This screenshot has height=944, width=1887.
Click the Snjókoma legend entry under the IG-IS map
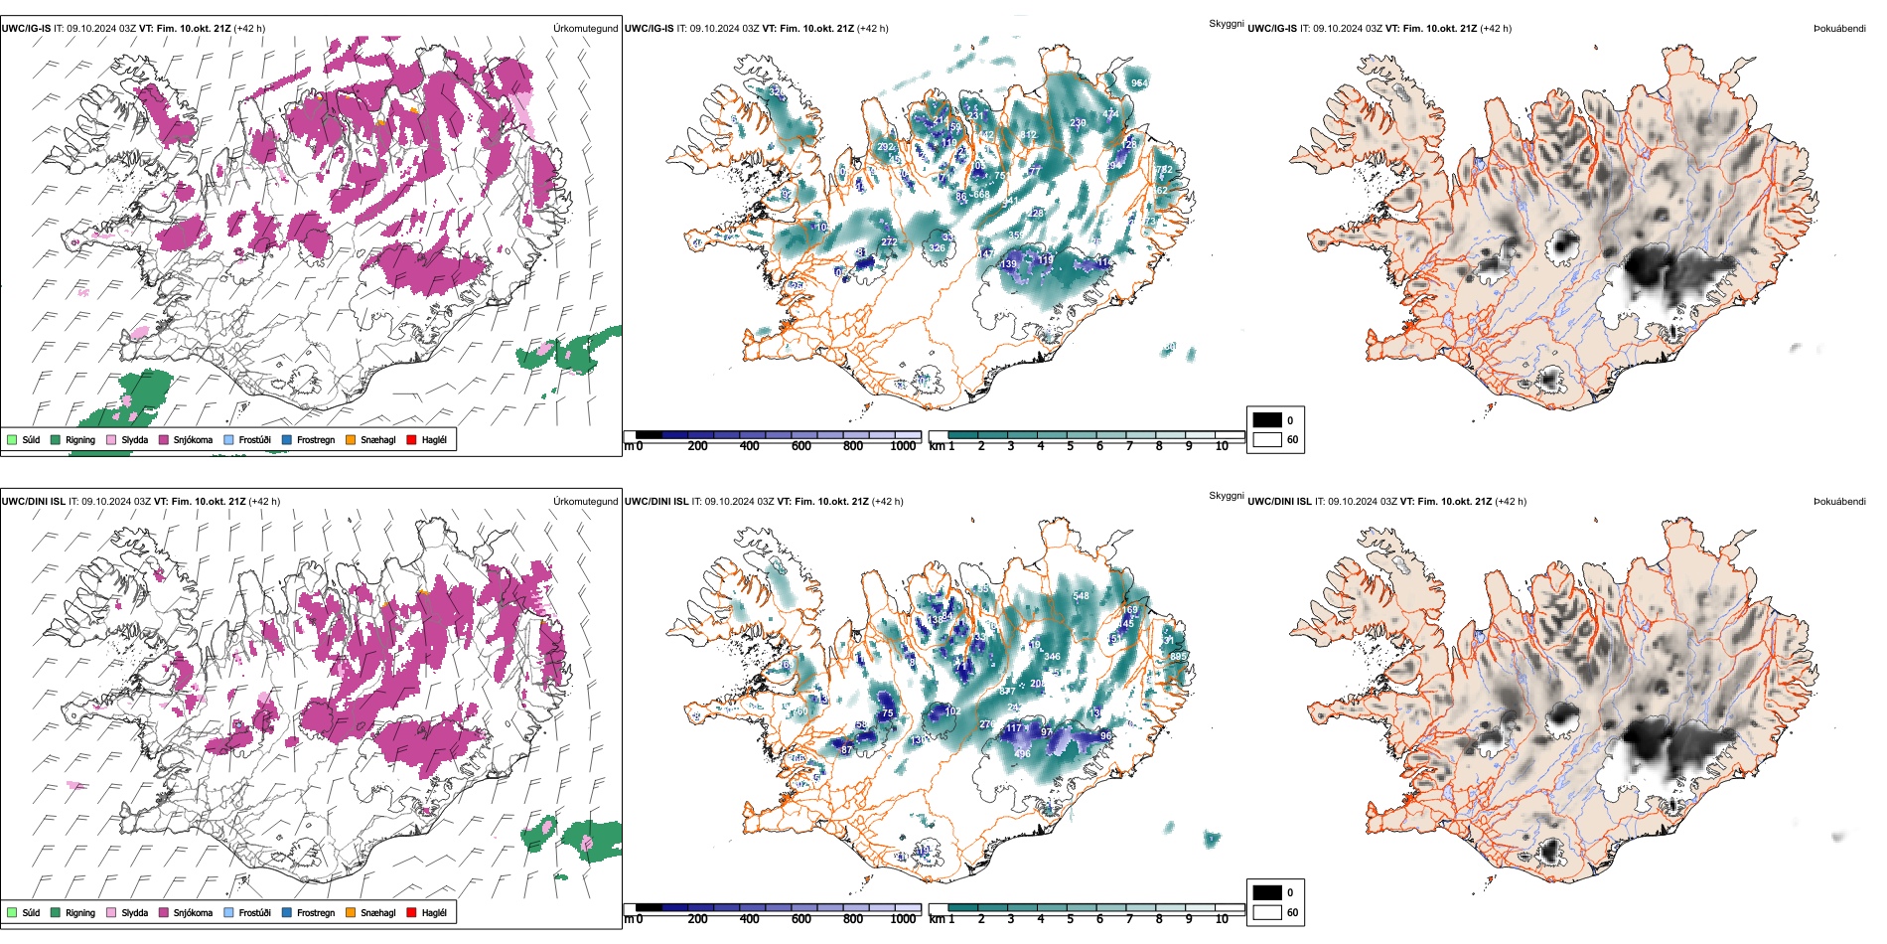tap(193, 439)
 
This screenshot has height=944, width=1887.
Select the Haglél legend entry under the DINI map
tap(434, 912)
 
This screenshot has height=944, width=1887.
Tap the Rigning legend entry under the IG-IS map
tap(79, 439)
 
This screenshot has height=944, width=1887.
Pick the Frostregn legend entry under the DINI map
tap(315, 912)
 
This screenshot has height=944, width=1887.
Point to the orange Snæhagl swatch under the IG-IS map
tap(351, 439)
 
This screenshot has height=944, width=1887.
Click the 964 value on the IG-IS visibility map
tap(1139, 83)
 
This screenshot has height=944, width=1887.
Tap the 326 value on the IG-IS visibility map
tap(937, 248)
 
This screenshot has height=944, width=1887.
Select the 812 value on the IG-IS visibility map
tap(1027, 135)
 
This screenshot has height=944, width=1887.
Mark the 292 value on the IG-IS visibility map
tap(885, 147)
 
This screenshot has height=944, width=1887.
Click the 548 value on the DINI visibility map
tap(1081, 596)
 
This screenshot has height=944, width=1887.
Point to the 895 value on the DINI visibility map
tap(1178, 657)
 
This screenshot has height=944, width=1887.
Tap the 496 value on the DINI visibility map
tap(1022, 754)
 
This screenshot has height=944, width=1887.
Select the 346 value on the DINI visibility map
tap(1052, 657)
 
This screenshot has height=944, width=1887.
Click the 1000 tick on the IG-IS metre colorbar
tap(903, 446)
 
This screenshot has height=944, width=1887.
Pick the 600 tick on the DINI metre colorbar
tap(800, 919)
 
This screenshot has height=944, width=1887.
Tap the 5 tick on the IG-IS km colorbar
tap(1070, 446)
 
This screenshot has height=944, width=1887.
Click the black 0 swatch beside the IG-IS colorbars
tap(1266, 420)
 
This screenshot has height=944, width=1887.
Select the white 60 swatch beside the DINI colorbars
tap(1266, 912)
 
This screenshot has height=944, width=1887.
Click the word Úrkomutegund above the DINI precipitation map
tap(585, 502)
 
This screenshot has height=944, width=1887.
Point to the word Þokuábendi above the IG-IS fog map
tap(1839, 29)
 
